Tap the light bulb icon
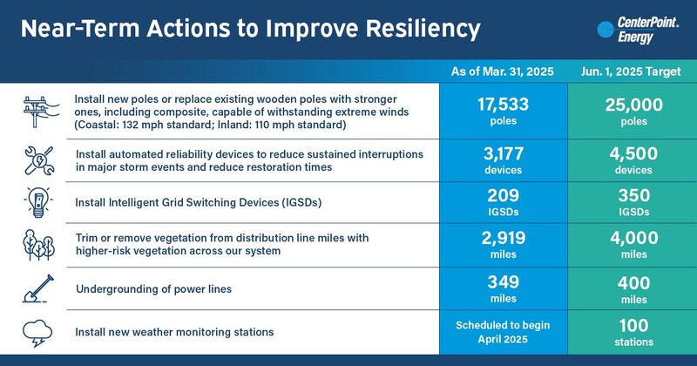[37, 202]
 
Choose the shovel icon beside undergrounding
[37, 287]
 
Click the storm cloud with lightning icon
[37, 331]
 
